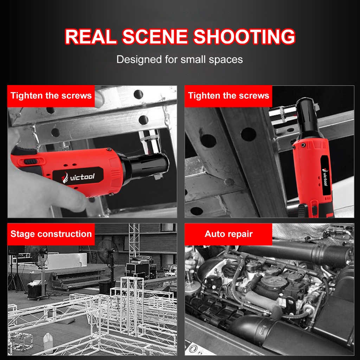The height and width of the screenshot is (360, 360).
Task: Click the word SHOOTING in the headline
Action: pos(244,36)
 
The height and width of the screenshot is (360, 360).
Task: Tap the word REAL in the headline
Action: pos(91,36)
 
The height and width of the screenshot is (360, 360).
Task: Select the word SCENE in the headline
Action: pos(155,36)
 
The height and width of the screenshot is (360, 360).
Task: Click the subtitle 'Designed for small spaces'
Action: pos(180,59)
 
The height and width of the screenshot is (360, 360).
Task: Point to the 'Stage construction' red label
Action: pos(51,234)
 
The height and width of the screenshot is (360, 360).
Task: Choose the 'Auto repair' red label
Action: pos(229,234)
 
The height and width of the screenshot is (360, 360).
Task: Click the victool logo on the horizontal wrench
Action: pos(78,177)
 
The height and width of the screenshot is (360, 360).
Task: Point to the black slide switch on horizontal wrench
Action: pos(30,161)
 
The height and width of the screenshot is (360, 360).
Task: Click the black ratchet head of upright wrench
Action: pos(308,117)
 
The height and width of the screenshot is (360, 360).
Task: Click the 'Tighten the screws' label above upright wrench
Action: pos(229,96)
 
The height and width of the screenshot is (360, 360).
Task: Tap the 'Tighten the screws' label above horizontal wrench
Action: pos(51,96)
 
